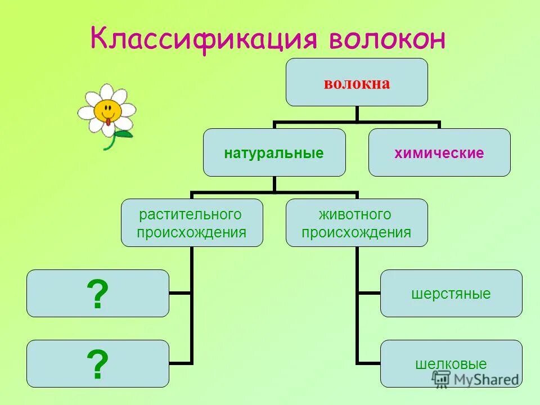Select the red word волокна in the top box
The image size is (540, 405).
coord(357,84)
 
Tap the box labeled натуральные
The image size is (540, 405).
coord(274,152)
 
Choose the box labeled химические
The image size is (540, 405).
coord(439,152)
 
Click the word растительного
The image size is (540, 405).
coord(191,214)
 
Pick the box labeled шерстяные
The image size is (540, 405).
coord(451,294)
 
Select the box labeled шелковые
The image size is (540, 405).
coord(451,363)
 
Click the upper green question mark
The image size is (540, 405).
coord(97,294)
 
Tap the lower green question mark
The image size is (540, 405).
coord(97,364)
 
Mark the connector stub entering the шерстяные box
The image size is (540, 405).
coord(369,293)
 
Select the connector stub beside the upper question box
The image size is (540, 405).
coord(180,293)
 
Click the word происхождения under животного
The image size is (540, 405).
coord(356,232)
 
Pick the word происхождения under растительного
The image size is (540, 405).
coord(192,232)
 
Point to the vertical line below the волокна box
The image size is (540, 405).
coord(357,113)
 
